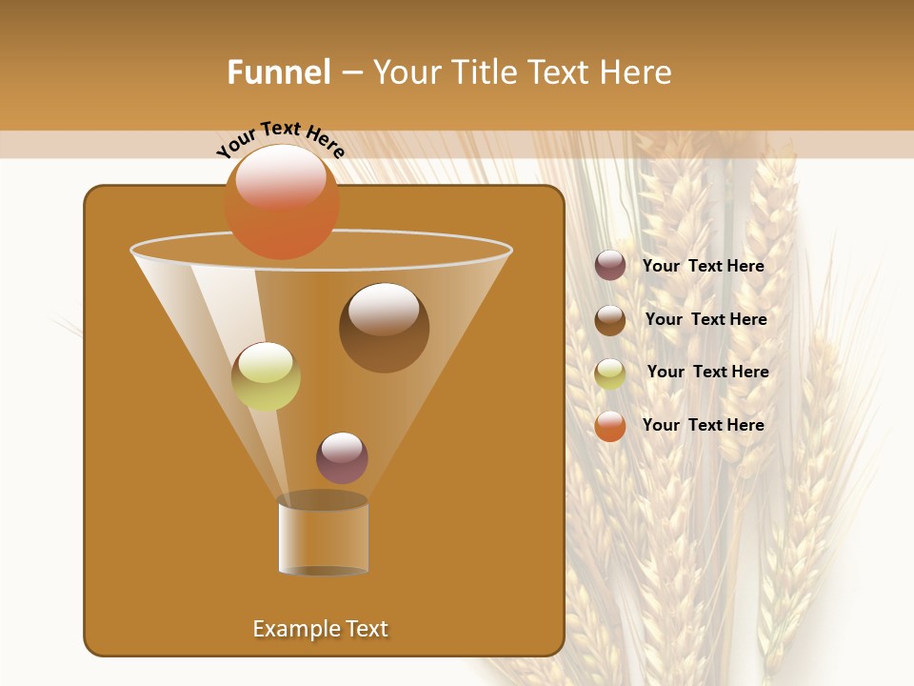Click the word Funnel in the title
(279, 72)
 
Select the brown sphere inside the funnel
(384, 328)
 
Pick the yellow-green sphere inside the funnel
(266, 376)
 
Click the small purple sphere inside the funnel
(342, 457)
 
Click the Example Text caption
(321, 629)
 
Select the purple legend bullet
(610, 266)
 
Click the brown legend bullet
(610, 320)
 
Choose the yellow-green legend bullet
(610, 373)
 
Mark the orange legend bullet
(610, 426)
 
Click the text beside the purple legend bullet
(703, 267)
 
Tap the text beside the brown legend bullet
(705, 320)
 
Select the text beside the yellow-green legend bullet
(707, 373)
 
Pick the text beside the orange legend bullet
(703, 425)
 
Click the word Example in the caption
(290, 629)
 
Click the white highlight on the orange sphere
(281, 176)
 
